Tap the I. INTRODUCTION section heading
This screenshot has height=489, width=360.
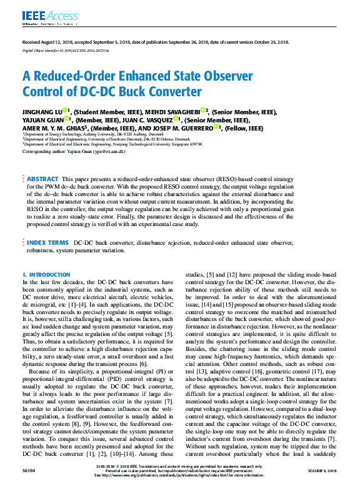(x=46, y=275)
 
